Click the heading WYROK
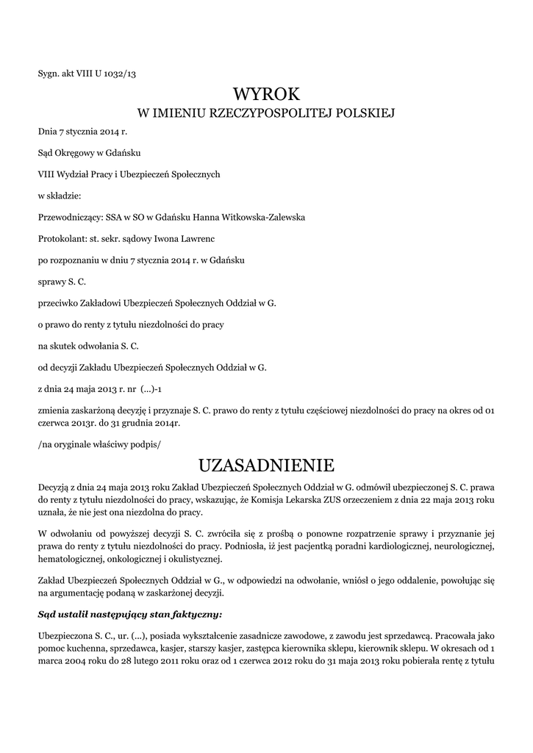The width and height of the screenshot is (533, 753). click(x=266, y=93)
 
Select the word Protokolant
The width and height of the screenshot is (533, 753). click(x=62, y=238)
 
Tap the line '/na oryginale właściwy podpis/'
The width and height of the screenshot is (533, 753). click(x=99, y=443)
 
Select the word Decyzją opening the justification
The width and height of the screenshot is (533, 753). click(x=56, y=486)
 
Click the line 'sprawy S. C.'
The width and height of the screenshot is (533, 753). click(x=62, y=281)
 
